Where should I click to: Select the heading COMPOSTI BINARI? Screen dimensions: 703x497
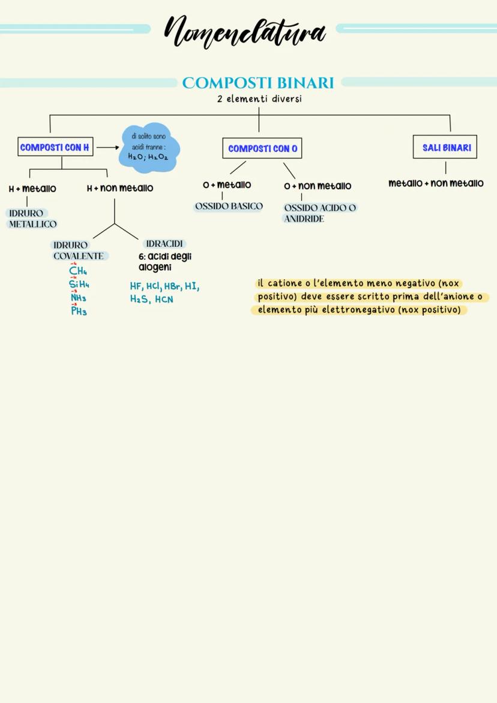[258, 82]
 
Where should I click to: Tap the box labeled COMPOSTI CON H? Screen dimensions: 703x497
[55, 147]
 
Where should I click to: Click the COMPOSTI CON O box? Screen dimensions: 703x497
[262, 148]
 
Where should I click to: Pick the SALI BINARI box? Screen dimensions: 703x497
[445, 147]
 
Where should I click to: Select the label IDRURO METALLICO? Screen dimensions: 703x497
[32, 219]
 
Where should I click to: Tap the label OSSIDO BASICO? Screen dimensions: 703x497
[229, 206]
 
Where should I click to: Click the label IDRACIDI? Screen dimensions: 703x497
[164, 244]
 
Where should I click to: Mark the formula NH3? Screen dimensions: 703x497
[79, 298]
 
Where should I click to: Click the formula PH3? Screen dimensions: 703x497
[79, 311]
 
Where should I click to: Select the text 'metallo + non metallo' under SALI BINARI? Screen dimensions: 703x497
[436, 183]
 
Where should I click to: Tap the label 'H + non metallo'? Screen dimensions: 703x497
[120, 189]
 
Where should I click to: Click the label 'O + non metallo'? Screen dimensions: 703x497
[318, 186]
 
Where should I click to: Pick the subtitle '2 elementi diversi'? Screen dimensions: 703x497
[259, 99]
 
